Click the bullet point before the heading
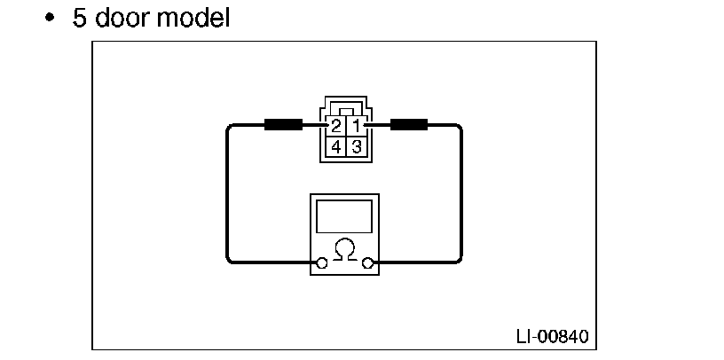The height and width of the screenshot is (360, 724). [51, 18]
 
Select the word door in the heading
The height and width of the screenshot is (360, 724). [122, 17]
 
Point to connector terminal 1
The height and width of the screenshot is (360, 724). [356, 127]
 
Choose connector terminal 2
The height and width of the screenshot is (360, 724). [336, 127]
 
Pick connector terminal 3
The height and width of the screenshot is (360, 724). [356, 146]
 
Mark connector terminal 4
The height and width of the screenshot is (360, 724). [336, 146]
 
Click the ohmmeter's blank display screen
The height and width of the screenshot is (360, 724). [344, 216]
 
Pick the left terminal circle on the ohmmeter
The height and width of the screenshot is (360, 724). [321, 262]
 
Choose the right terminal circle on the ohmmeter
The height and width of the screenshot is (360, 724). [367, 262]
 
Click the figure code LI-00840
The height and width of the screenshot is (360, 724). [551, 337]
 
